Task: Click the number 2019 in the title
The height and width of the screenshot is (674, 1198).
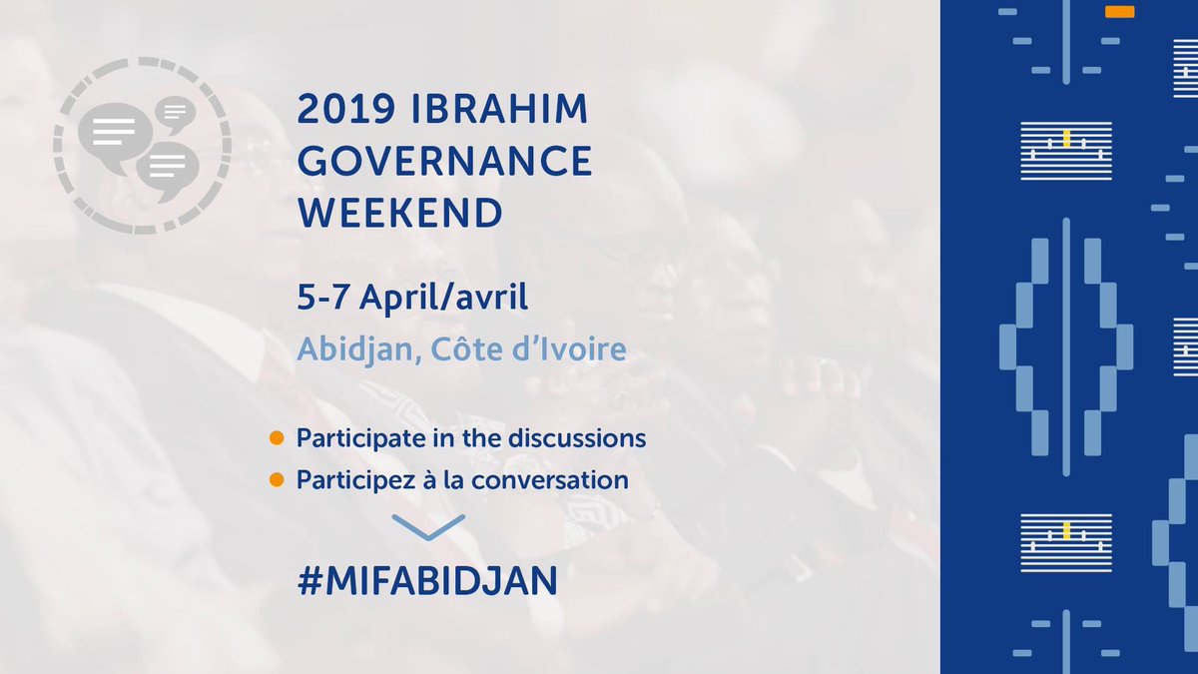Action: click(x=346, y=109)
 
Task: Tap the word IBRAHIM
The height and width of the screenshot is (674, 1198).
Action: click(x=499, y=109)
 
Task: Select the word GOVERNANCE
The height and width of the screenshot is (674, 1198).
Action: click(x=444, y=161)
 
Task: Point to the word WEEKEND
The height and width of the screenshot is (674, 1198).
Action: click(x=399, y=213)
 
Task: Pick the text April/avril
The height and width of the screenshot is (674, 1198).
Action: click(x=443, y=299)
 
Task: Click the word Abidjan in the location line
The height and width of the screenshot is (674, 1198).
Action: click(x=355, y=350)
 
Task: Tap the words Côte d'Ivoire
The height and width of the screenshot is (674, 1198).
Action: click(x=528, y=348)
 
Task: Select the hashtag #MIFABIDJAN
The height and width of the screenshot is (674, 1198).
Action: click(x=427, y=581)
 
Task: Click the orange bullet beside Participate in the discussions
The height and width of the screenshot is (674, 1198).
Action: click(x=277, y=438)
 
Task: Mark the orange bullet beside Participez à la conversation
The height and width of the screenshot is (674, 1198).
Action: click(x=277, y=480)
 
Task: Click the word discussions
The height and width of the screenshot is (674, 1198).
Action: click(x=577, y=438)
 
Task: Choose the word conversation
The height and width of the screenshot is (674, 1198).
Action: click(x=550, y=480)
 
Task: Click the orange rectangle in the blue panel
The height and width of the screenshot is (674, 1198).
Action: click(x=1119, y=12)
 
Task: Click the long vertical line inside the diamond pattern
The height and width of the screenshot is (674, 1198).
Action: click(x=1066, y=346)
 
